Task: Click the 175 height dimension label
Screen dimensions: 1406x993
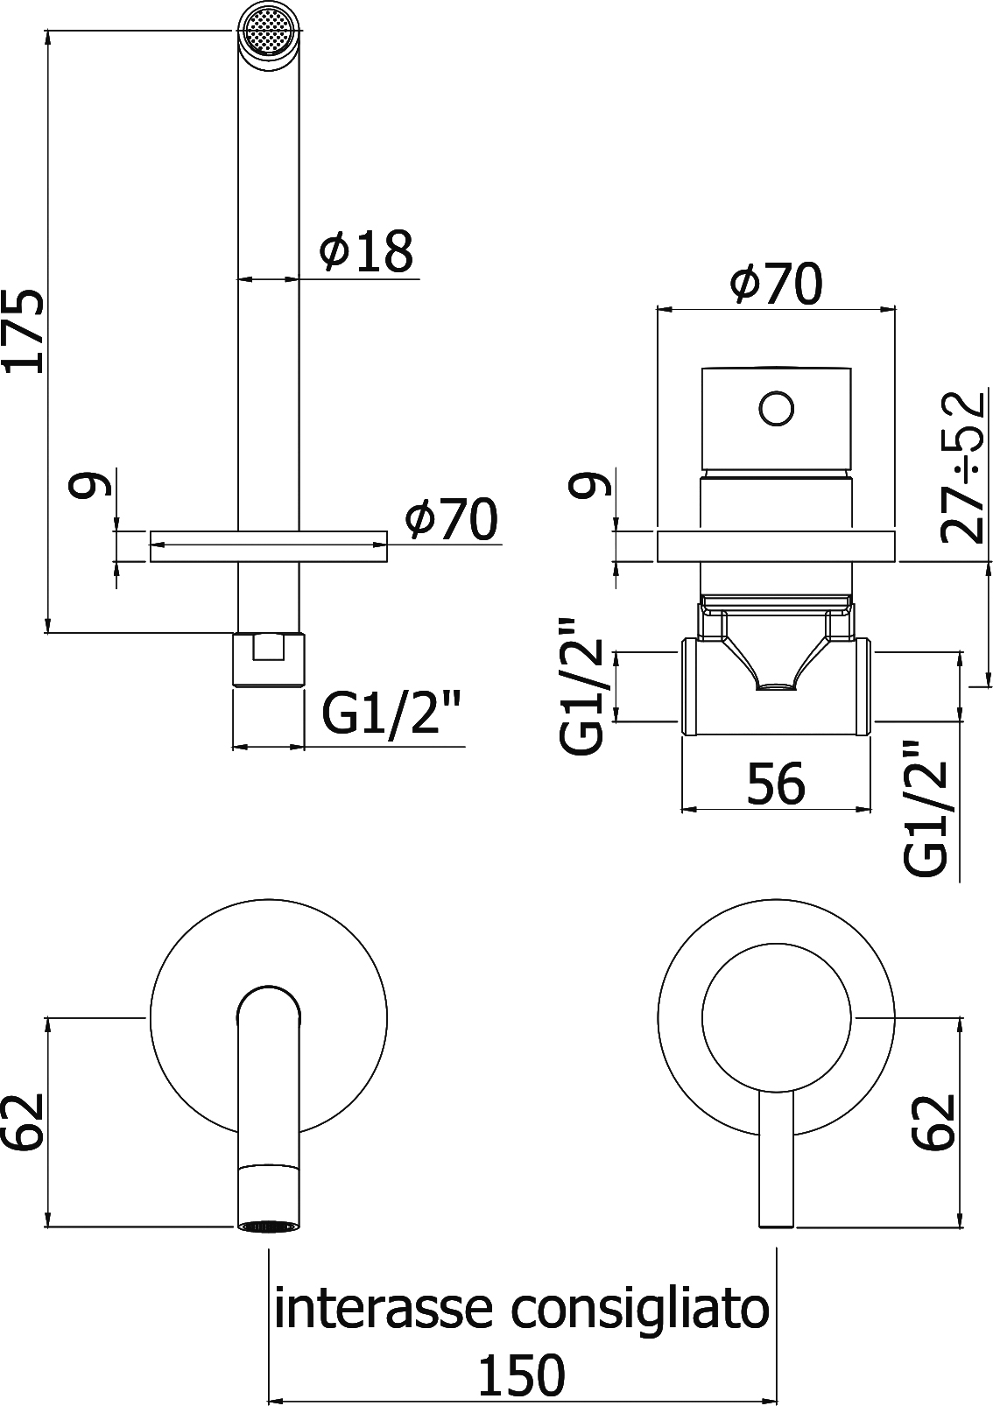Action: (25, 330)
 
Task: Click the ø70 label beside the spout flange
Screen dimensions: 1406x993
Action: (451, 519)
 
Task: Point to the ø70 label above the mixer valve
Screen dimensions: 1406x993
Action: (776, 284)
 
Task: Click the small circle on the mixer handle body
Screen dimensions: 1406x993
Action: (776, 409)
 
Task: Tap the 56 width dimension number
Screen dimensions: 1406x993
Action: (776, 784)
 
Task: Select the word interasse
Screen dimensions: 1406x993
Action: (386, 1309)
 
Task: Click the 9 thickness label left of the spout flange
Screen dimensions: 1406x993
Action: (92, 483)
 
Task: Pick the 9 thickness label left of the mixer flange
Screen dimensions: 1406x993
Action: (588, 483)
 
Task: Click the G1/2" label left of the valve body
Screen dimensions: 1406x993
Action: (582, 685)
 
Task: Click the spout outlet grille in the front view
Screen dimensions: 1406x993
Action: (268, 1227)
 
